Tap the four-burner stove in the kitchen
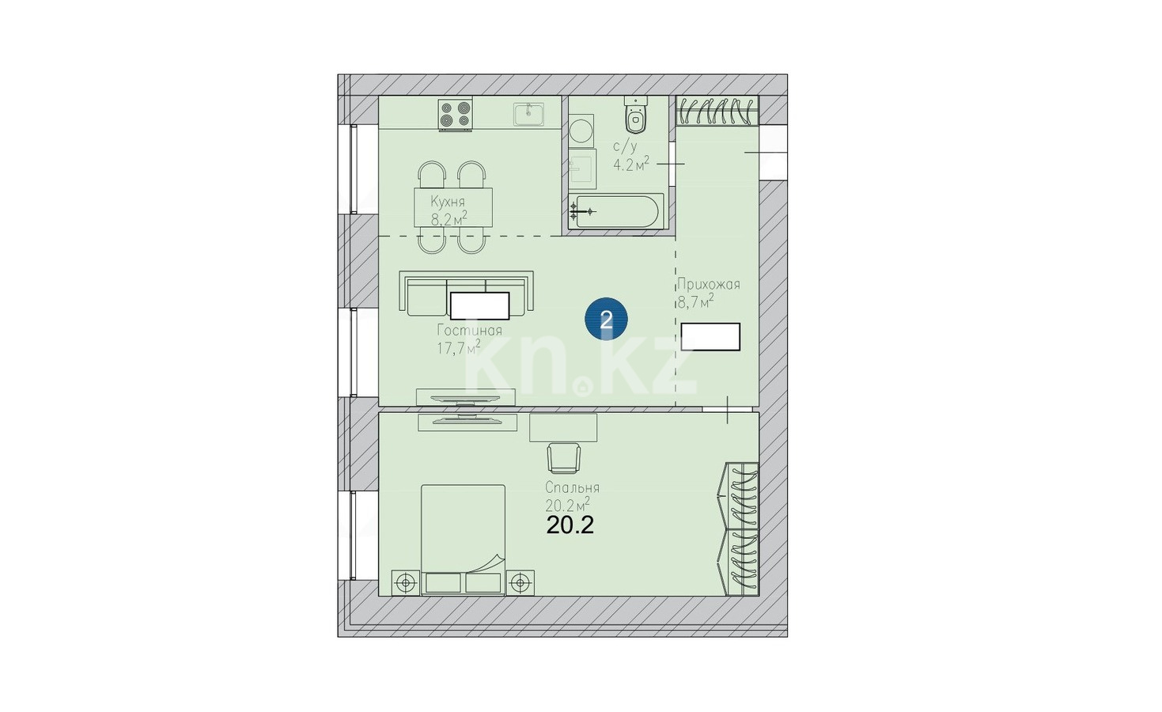coord(456,115)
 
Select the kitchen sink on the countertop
coord(529,114)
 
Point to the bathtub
coord(615,212)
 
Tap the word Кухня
coord(448,202)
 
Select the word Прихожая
coord(708,284)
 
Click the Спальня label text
coord(572,488)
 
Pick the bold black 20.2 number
coord(570,526)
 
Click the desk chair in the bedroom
coord(564,458)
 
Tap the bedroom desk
coord(563,427)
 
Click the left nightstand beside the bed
coord(406,583)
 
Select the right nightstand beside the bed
coord(520,583)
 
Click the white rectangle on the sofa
coord(480,305)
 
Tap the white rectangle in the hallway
coord(710,337)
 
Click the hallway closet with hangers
coord(717,111)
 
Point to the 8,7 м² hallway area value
coord(695,301)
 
